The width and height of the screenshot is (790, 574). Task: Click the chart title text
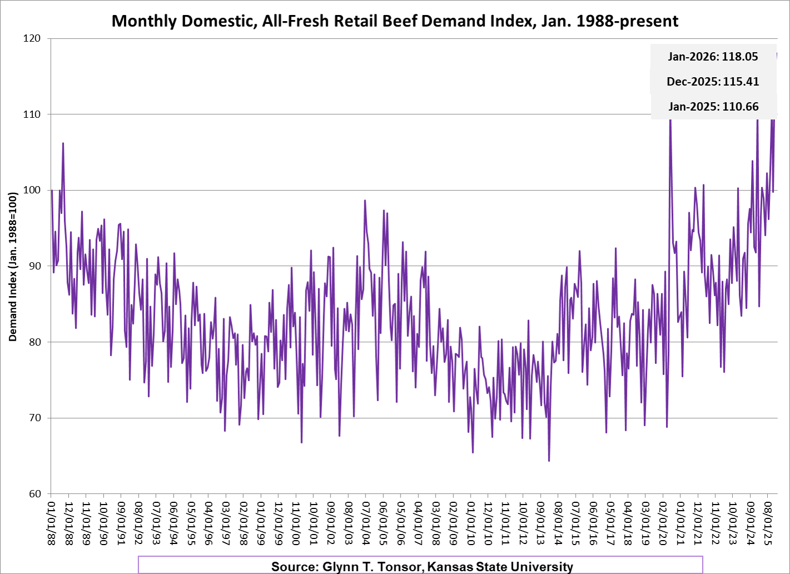(394, 21)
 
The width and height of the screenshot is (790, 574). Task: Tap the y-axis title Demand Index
(13, 267)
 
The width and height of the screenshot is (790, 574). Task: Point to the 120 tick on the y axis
(32, 38)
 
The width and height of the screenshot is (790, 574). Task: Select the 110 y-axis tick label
(32, 114)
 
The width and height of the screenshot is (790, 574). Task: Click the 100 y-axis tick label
(32, 190)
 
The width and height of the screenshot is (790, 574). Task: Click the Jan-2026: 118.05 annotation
(713, 57)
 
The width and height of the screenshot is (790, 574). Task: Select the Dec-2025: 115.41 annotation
(713, 82)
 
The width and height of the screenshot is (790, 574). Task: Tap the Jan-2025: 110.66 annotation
(713, 107)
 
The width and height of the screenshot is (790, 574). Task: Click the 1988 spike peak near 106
(63, 143)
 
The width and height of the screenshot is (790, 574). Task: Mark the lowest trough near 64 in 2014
(549, 461)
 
